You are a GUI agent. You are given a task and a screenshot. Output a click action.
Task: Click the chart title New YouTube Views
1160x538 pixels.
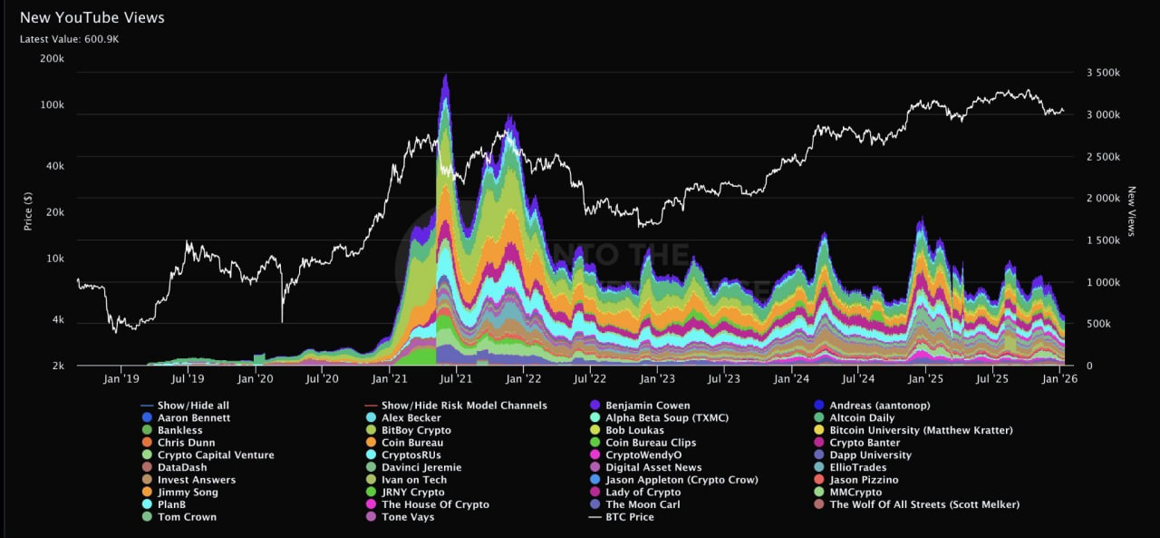[x=92, y=17]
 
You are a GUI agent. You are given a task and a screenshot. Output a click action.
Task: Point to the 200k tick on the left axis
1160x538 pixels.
[x=52, y=59]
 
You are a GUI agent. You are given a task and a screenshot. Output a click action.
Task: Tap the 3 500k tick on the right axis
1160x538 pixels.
[x=1103, y=73]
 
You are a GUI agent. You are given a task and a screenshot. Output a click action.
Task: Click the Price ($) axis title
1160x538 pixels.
[x=29, y=210]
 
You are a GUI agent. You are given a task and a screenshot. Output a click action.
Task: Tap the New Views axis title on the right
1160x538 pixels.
[x=1131, y=211]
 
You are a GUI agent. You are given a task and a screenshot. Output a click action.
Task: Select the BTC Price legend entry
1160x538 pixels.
[x=629, y=517]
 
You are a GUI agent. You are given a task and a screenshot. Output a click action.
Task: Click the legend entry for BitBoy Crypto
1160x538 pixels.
[x=416, y=430]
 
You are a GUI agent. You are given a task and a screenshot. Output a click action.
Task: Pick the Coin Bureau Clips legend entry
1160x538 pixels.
[x=651, y=443]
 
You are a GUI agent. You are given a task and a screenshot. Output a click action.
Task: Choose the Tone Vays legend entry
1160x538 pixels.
[x=408, y=517]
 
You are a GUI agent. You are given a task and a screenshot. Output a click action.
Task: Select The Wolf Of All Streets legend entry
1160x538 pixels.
[x=923, y=504]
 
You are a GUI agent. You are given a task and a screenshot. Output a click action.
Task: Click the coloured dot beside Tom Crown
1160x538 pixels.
[x=148, y=517]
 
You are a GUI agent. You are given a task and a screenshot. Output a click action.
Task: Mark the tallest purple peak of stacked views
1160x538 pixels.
[x=445, y=77]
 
